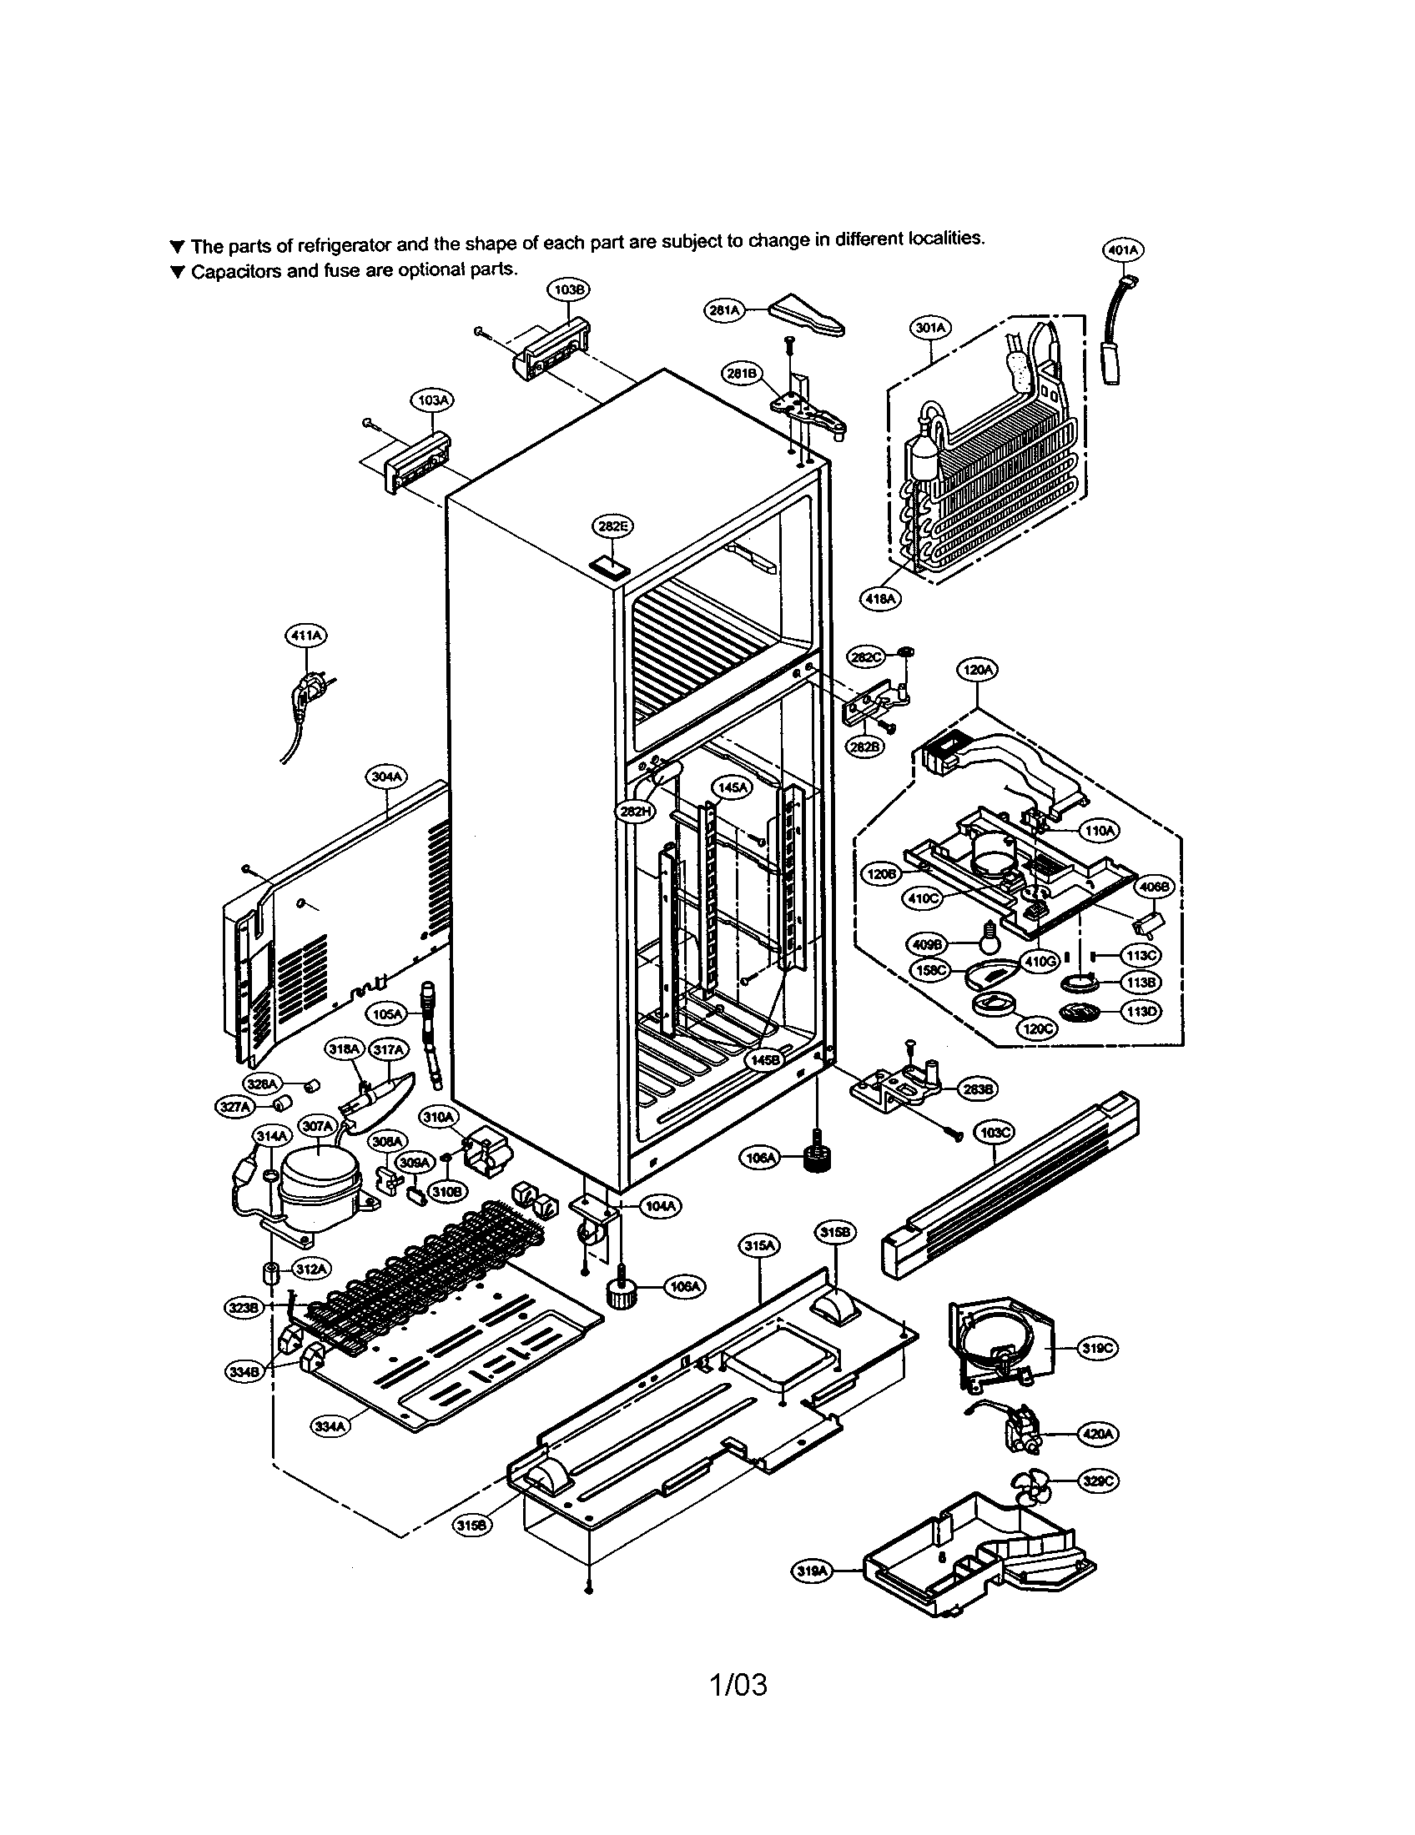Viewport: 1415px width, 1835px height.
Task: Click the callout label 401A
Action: pyautogui.click(x=1123, y=249)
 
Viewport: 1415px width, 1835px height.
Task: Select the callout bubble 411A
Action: pyautogui.click(x=306, y=636)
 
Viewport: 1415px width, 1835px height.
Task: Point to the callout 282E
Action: pyautogui.click(x=612, y=527)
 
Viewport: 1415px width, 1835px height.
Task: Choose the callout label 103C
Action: pyautogui.click(x=995, y=1132)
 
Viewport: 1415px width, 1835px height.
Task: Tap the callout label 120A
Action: pyautogui.click(x=977, y=671)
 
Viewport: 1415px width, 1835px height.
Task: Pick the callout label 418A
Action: pyautogui.click(x=879, y=598)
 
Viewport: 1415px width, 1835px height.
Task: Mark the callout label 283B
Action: pyautogui.click(x=978, y=1088)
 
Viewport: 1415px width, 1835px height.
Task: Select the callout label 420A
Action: pyautogui.click(x=1097, y=1435)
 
